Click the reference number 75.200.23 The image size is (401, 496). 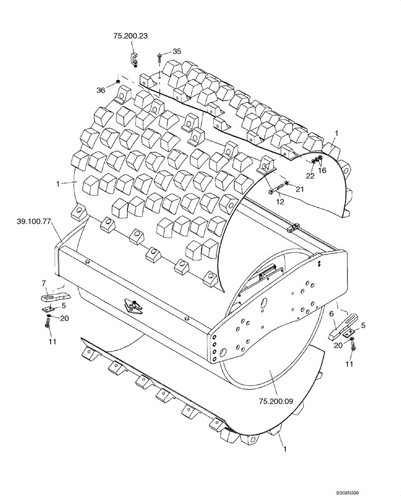131,36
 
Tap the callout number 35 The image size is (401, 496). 177,51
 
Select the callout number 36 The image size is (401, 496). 101,90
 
